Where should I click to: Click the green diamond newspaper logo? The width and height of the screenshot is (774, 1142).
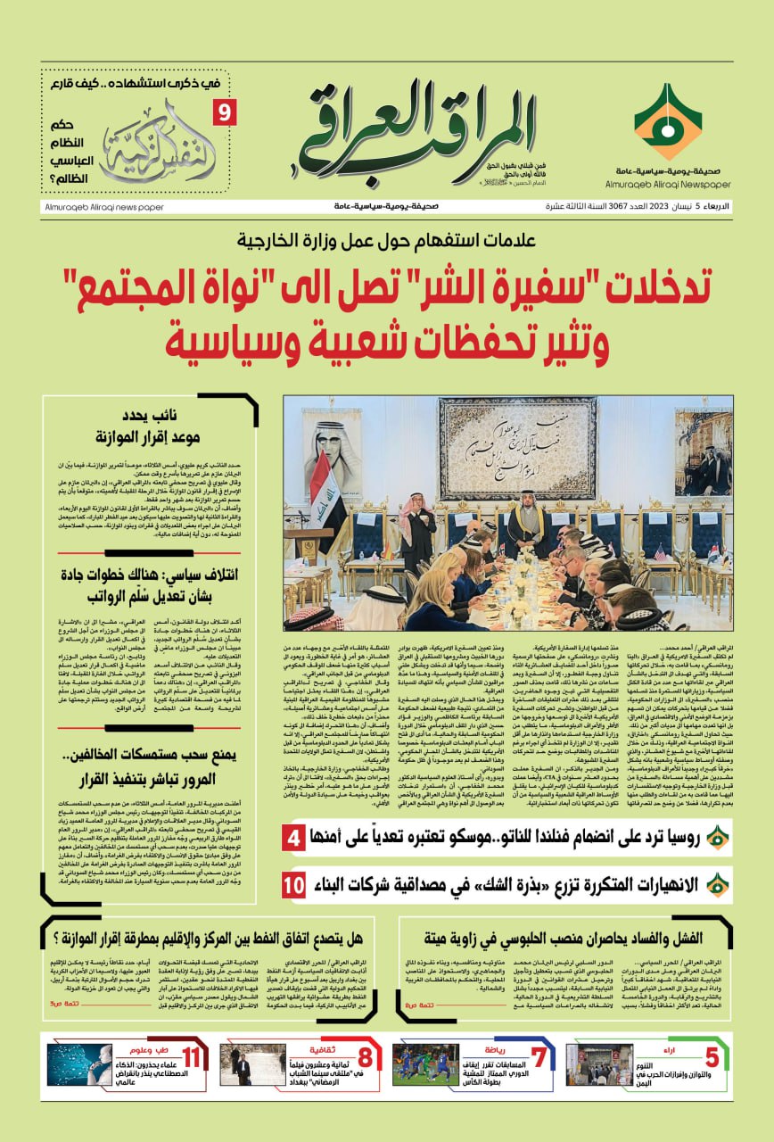coord(667,120)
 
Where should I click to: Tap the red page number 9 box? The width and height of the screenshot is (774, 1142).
coord(223,112)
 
